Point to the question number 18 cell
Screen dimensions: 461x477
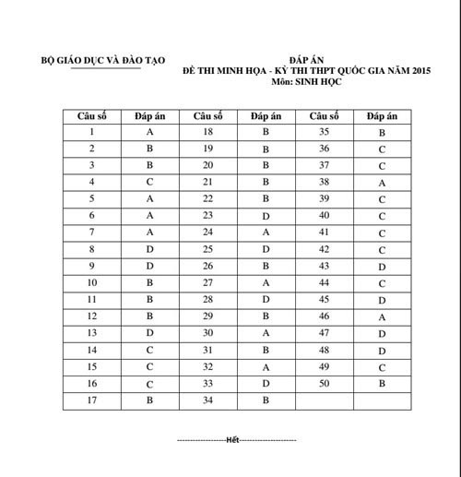(x=207, y=132)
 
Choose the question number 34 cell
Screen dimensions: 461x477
(x=207, y=399)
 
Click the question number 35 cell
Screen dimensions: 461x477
(x=324, y=132)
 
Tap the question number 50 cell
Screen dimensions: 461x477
(x=324, y=382)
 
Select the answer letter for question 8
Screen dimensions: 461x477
(x=149, y=249)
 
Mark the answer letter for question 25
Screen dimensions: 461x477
(x=266, y=249)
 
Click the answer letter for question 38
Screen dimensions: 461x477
(x=382, y=183)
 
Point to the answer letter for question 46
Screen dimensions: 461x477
(x=382, y=316)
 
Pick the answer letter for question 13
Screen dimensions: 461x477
(x=149, y=332)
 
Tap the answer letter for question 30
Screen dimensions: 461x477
(x=266, y=332)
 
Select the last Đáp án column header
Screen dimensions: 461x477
(x=382, y=115)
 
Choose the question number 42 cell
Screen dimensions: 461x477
(x=324, y=249)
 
